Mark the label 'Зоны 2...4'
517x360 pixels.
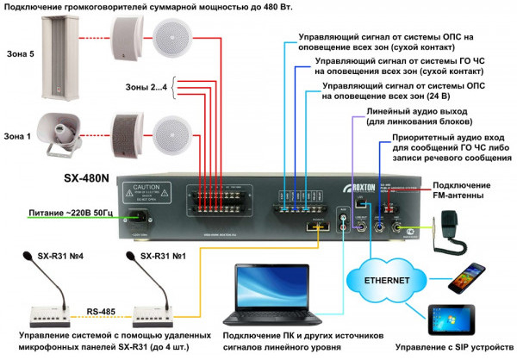point(146,86)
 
